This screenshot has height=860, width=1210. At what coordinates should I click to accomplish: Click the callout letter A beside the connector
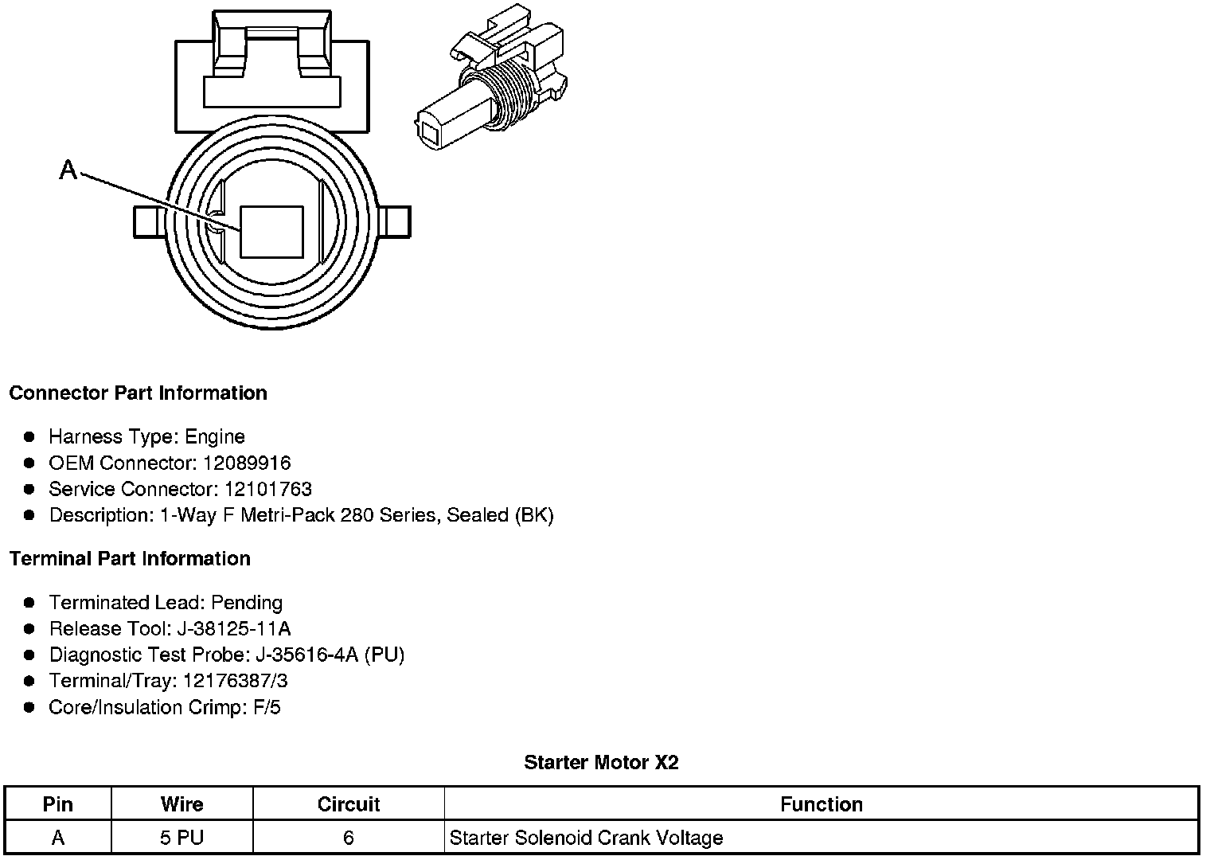(x=68, y=170)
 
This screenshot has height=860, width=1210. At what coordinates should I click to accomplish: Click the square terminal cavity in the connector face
(x=271, y=232)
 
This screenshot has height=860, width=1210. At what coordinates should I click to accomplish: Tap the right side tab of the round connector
(x=397, y=221)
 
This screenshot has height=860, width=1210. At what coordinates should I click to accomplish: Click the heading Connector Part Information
(x=138, y=393)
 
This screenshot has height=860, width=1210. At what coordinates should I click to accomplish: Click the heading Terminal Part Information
(x=130, y=559)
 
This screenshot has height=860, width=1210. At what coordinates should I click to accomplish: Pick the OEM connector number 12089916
(x=247, y=463)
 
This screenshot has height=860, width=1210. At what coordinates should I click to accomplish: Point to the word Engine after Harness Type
(x=215, y=436)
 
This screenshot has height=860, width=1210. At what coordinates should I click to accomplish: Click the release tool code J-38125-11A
(x=233, y=628)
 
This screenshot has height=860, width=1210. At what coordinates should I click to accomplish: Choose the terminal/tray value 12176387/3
(x=236, y=681)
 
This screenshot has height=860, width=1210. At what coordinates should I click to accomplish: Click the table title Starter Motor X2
(x=601, y=763)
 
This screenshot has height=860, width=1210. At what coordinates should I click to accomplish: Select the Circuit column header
(x=349, y=804)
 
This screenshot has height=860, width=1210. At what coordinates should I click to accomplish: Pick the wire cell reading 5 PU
(x=181, y=838)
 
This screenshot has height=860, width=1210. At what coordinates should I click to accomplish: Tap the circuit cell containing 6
(x=349, y=838)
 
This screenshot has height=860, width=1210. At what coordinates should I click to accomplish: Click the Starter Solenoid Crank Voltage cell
(x=586, y=838)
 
